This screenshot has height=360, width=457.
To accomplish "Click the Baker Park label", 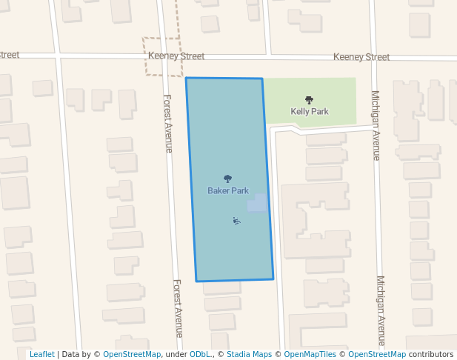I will (228, 190).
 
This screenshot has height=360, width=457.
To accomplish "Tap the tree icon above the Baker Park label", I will (228, 179).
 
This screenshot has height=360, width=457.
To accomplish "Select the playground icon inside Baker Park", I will (236, 220).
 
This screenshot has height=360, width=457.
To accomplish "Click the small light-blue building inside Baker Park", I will (257, 203).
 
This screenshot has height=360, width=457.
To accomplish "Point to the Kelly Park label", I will (310, 112).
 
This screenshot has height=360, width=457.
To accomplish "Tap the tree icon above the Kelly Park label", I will (309, 99).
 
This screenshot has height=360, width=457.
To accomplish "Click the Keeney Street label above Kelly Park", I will (361, 57).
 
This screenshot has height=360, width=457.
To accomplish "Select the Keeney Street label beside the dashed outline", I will (176, 56).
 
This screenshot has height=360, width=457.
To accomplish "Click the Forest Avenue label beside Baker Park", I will (168, 123).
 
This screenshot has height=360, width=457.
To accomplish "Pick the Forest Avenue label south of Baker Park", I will (178, 308).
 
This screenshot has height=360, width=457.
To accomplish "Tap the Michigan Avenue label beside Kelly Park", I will (376, 125).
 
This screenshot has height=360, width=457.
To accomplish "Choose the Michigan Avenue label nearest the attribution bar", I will (381, 311).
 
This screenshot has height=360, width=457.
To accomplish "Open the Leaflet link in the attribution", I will (41, 354).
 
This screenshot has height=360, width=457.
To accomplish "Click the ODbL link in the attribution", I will (199, 354).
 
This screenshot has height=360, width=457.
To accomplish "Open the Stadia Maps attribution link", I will (249, 354).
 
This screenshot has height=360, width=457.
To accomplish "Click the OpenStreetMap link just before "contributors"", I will (377, 354).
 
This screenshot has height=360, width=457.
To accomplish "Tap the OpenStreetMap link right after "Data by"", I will (132, 354).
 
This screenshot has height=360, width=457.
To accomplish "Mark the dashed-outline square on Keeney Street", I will (162, 56).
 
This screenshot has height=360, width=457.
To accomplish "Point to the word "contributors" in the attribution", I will (431, 354).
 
